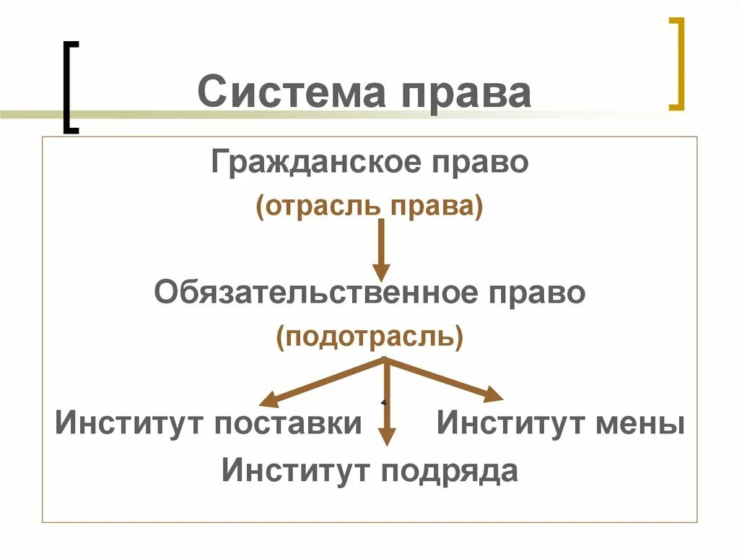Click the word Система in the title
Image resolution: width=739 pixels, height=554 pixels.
289,93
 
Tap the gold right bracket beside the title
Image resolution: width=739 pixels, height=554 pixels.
675,64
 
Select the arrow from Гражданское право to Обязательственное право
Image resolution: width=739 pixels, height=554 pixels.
381,249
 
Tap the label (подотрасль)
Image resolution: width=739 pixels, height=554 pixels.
369,337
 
